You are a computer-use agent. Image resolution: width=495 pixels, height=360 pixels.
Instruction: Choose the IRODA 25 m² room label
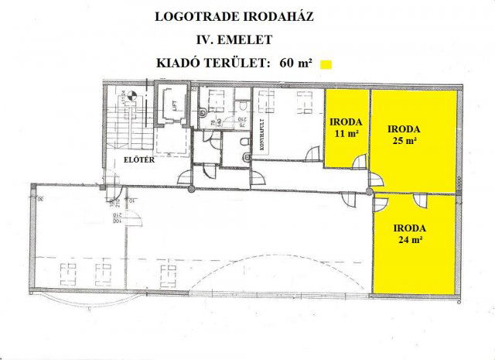click(x=404, y=134)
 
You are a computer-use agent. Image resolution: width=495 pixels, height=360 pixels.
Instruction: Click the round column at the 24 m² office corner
click(x=370, y=190)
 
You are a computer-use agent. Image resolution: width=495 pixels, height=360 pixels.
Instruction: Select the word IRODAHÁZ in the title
click(x=276, y=16)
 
